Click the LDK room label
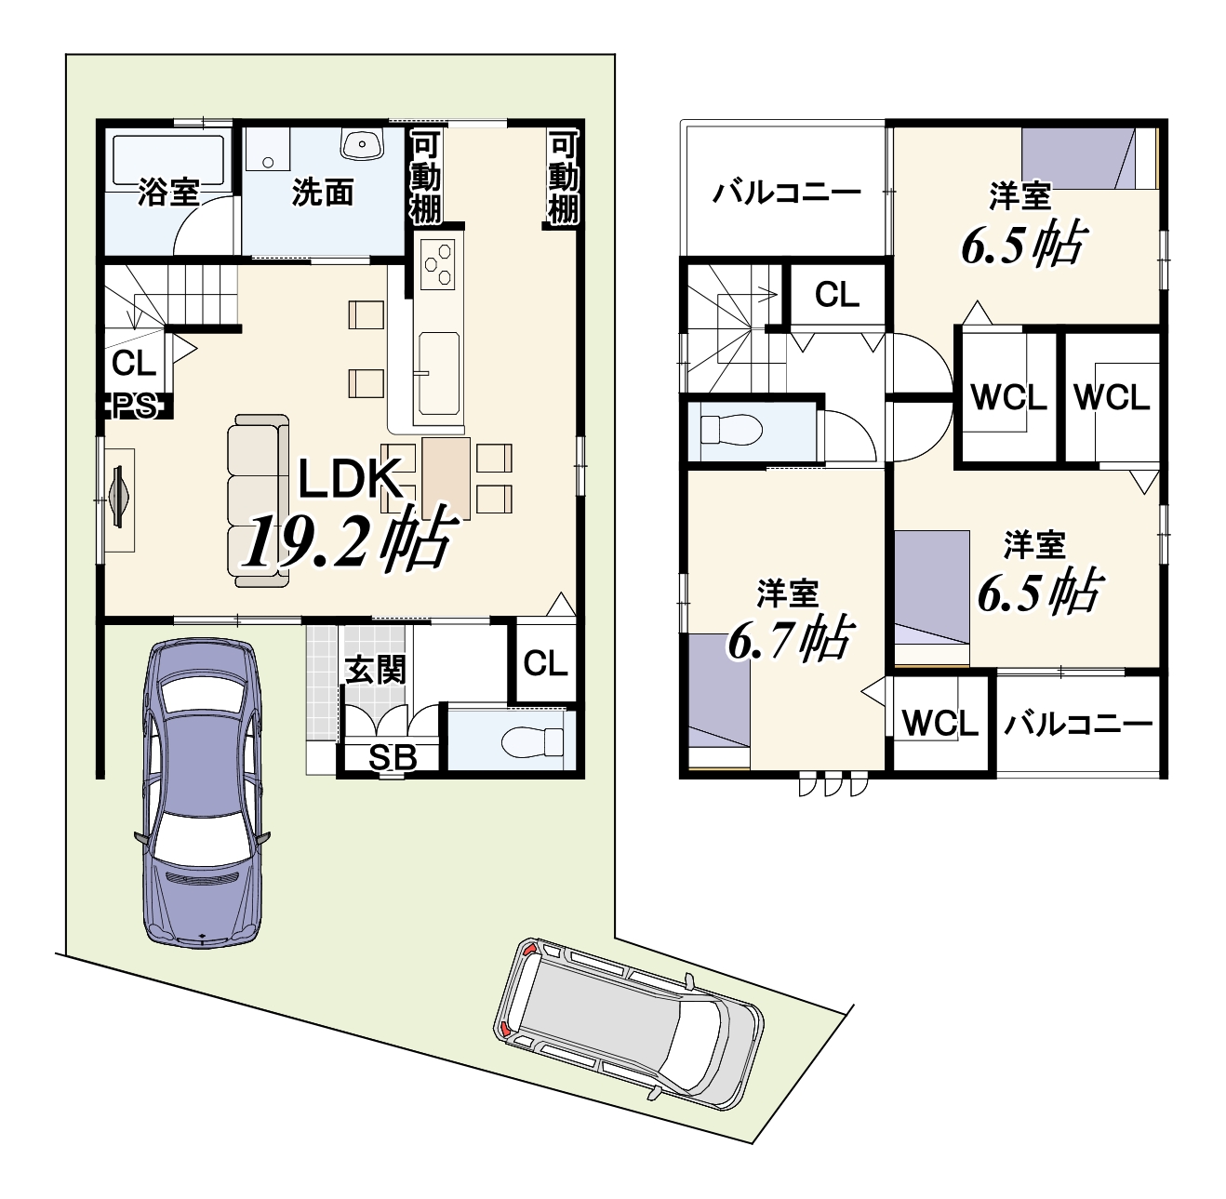click(350, 479)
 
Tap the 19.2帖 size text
click(350, 539)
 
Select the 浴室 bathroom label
click(169, 193)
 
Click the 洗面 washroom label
click(322, 193)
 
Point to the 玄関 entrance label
click(375, 670)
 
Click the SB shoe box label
click(393, 758)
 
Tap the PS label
click(134, 406)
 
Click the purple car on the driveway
click(203, 792)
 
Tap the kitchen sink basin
click(437, 374)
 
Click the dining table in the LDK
click(446, 478)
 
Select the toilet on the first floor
click(532, 741)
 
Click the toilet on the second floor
click(731, 429)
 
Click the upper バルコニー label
click(787, 193)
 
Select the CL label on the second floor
click(837, 294)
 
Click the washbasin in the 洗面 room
click(362, 144)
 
